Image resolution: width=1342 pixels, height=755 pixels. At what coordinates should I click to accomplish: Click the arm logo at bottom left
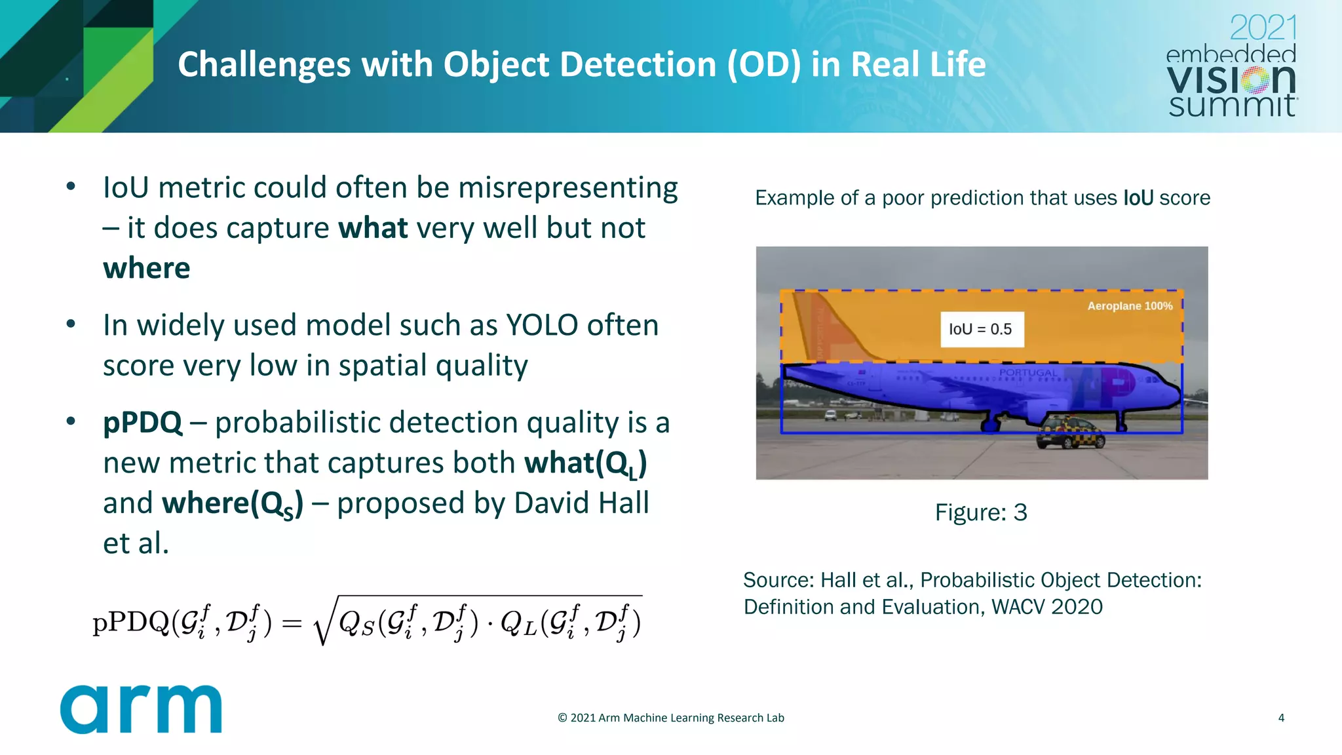(141, 709)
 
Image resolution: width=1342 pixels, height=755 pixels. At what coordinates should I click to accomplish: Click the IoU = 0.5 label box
(981, 329)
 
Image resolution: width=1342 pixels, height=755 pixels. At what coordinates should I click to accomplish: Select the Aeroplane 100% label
(1130, 306)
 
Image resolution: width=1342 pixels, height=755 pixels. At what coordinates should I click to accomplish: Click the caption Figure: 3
(981, 513)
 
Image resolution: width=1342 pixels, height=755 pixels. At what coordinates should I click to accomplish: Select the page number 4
(1281, 718)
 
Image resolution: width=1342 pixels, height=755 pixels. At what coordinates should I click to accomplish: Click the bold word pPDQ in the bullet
(143, 423)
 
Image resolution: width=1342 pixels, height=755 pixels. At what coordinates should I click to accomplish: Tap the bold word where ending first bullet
(147, 269)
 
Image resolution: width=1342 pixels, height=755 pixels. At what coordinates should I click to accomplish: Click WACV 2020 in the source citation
(1046, 607)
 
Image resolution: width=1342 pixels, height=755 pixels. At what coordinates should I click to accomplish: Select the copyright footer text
(670, 718)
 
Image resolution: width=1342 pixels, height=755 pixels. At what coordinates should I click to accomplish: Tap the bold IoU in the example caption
(1138, 198)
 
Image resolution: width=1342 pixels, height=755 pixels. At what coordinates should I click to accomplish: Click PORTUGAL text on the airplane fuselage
(1027, 373)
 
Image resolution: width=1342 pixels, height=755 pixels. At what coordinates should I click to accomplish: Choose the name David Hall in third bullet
(581, 503)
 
